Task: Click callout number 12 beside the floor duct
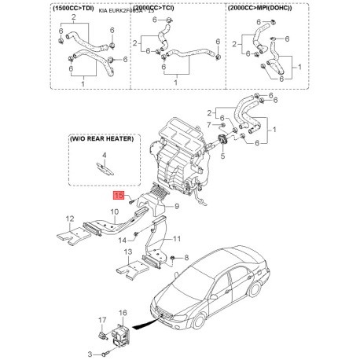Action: tap(69, 219)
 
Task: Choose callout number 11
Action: tap(177, 238)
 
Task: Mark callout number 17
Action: tap(101, 318)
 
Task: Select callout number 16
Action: tap(122, 314)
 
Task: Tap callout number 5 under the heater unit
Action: tap(222, 156)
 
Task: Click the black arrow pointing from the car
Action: tap(143, 323)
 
